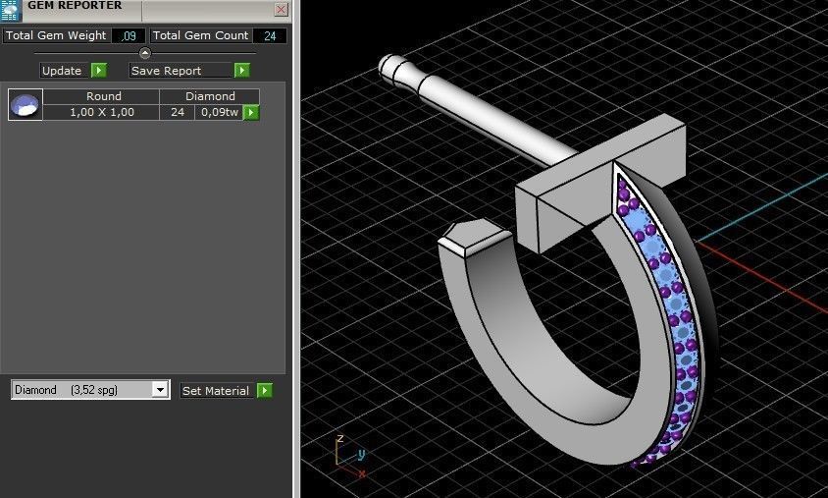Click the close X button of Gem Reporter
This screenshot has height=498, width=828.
click(281, 10)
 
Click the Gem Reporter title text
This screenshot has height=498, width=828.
click(75, 6)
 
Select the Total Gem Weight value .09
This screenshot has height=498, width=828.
click(128, 35)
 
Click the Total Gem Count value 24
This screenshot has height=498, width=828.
click(269, 35)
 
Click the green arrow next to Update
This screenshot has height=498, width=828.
click(98, 71)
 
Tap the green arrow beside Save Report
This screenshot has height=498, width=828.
click(241, 71)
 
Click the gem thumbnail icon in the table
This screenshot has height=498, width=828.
click(26, 104)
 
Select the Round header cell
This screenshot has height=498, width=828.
click(103, 96)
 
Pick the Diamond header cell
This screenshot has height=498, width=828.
click(210, 96)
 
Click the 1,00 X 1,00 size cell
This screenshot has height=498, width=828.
click(101, 113)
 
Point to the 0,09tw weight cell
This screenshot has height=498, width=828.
click(218, 113)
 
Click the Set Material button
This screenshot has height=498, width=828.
click(216, 391)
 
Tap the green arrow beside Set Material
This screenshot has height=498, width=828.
click(264, 391)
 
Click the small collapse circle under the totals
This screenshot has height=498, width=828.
click(145, 53)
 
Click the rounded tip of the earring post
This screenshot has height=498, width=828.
click(389, 67)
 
